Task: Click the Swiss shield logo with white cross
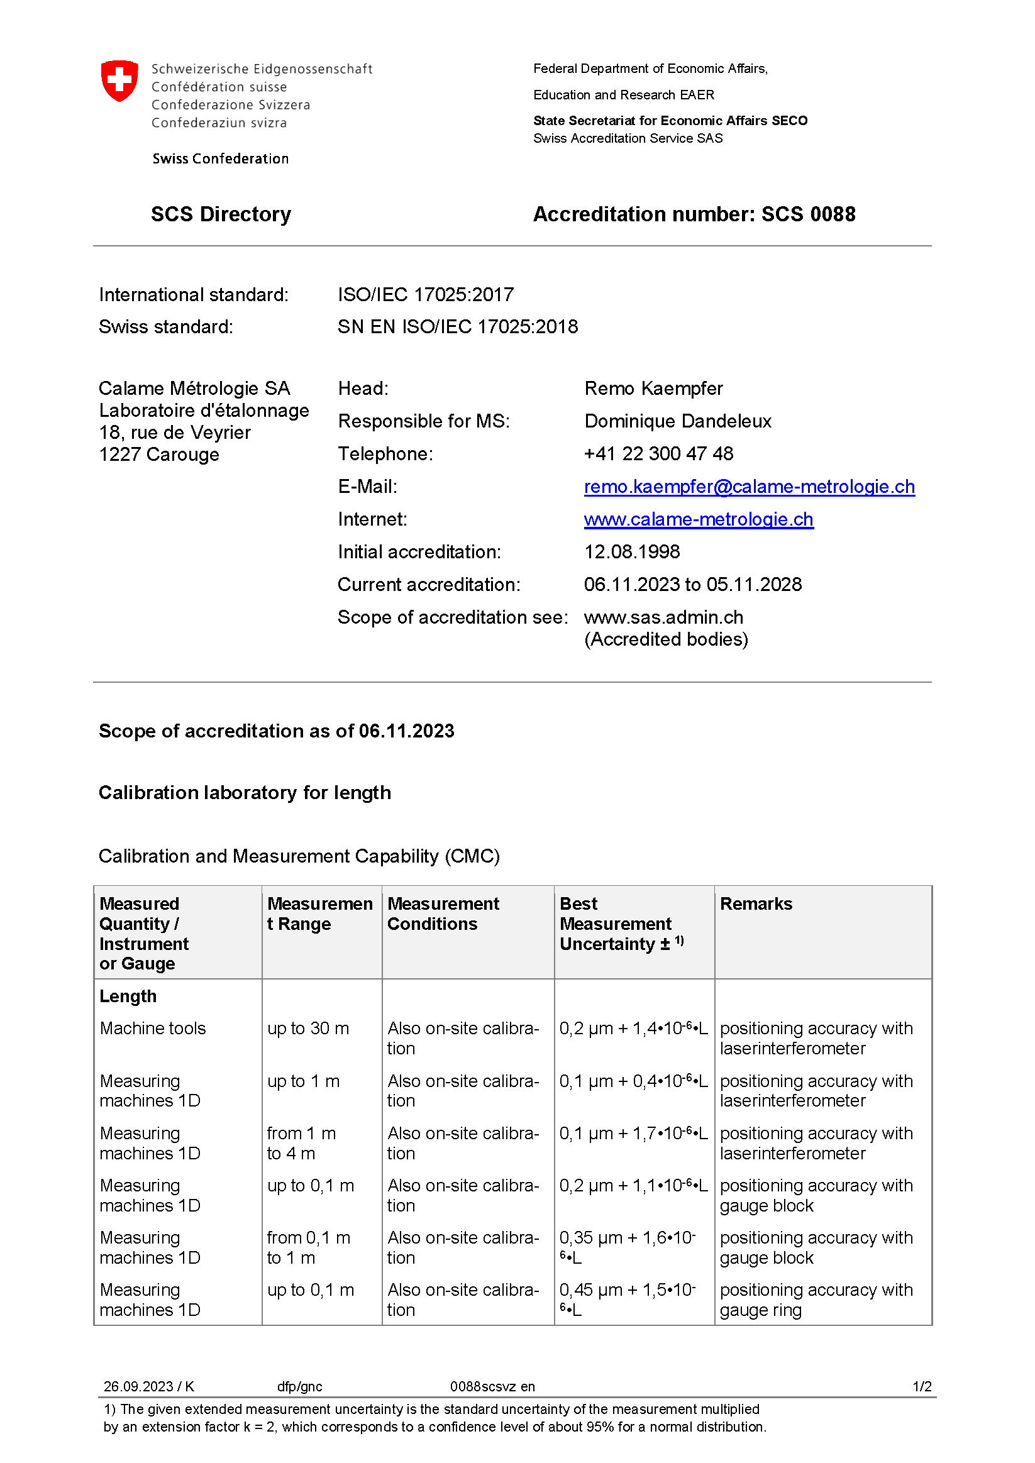coord(119,81)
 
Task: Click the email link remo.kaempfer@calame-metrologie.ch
coord(749,487)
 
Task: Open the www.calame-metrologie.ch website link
coord(699,519)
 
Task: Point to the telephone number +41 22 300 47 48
coord(658,454)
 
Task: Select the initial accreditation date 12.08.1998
coord(631,552)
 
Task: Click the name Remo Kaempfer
coord(653,389)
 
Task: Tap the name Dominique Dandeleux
coord(677,421)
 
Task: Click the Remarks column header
coord(756,903)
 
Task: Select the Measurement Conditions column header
coord(443,914)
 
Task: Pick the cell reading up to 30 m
coord(308,1029)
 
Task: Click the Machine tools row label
coord(153,1029)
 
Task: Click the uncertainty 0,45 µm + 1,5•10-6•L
coord(627,1300)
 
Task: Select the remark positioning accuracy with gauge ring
coord(816,1300)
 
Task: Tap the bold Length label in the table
coord(128,996)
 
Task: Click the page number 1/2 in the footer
coord(922,1386)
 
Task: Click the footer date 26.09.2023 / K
coord(148,1386)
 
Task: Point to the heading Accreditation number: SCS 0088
coord(694,215)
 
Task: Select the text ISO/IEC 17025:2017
coord(426,295)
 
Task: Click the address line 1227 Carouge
coord(159,455)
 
